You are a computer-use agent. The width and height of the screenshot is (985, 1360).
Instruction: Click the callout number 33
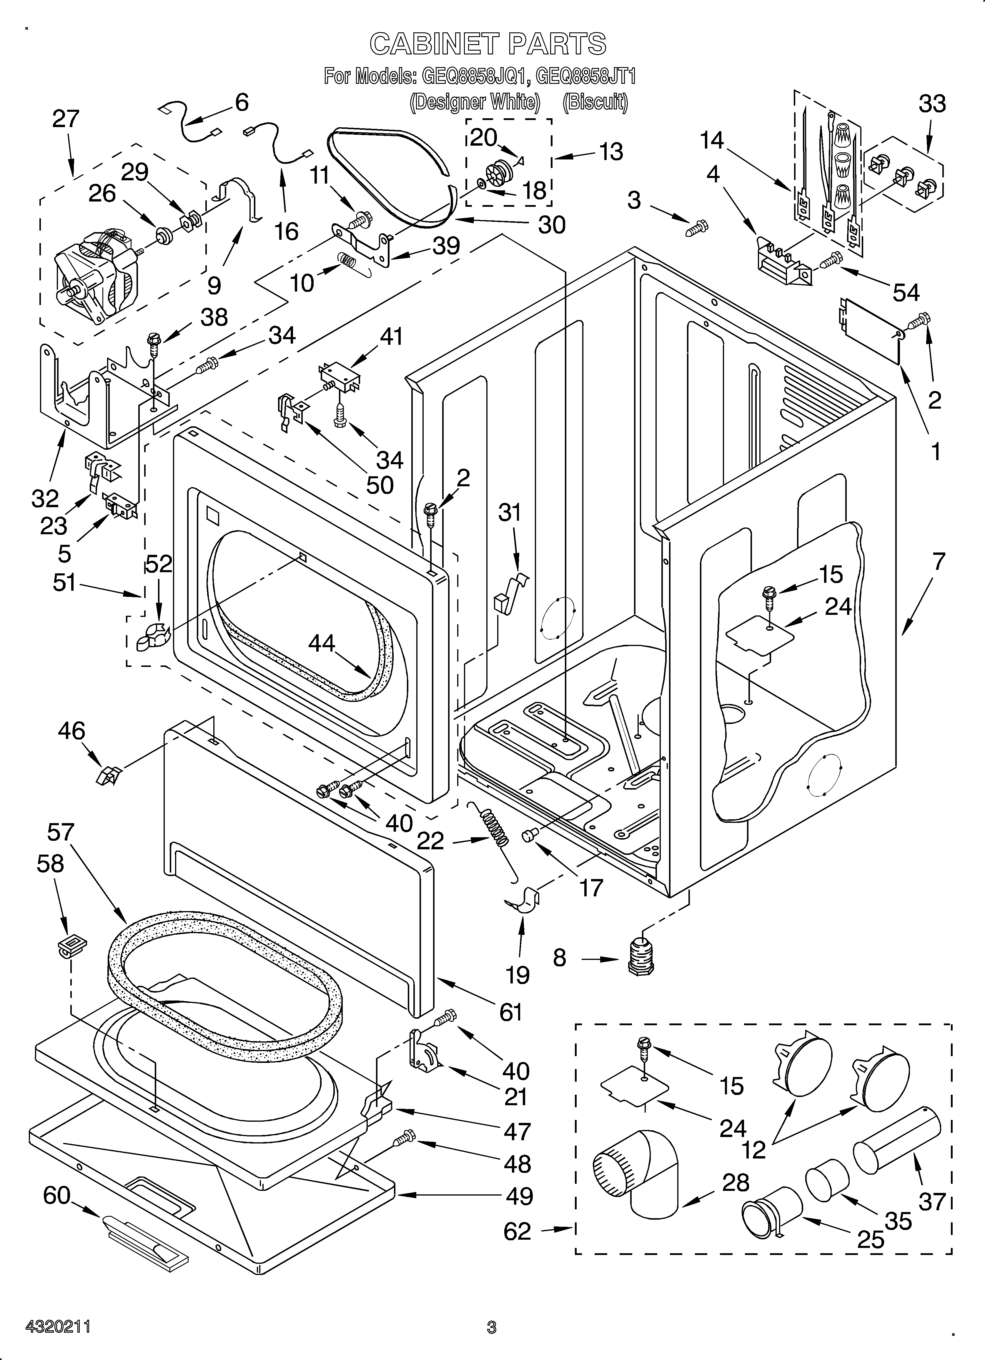pyautogui.click(x=932, y=104)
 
